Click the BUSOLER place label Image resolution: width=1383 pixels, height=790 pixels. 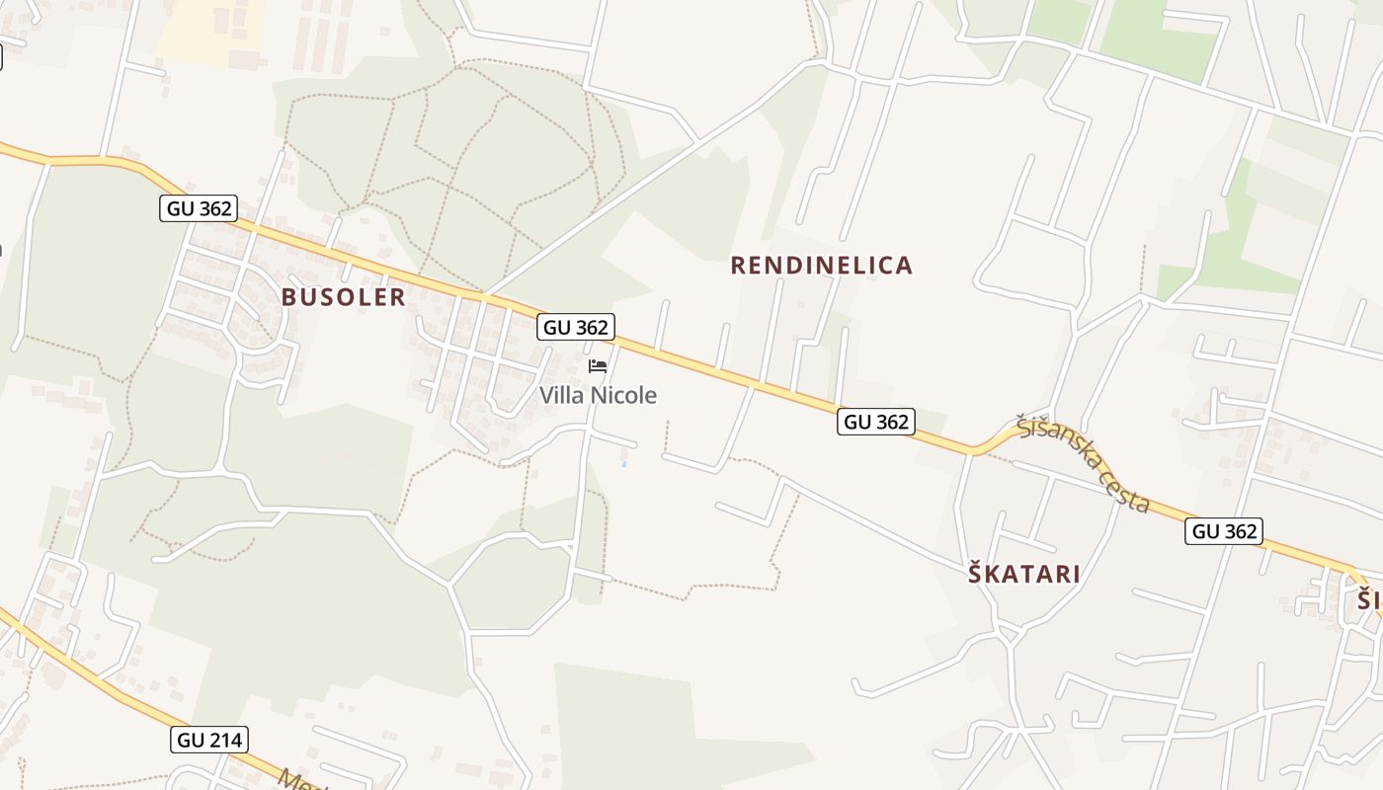(x=343, y=297)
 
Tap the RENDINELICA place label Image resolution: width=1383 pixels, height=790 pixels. (x=821, y=265)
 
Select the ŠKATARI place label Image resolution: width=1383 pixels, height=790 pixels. (x=1023, y=574)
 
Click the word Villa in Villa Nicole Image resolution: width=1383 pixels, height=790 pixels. (x=560, y=396)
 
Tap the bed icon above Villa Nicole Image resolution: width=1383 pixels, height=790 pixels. (x=597, y=366)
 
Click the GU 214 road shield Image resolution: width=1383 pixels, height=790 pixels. (x=209, y=740)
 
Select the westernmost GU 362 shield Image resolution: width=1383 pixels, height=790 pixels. (x=198, y=208)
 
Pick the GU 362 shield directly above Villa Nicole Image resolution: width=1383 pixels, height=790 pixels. (x=576, y=327)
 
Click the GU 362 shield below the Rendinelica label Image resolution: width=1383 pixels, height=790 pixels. (x=876, y=422)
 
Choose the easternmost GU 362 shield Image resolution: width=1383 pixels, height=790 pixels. (x=1225, y=531)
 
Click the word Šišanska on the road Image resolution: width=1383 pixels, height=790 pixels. (x=1056, y=445)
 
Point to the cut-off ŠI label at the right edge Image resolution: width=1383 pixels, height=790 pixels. (x=1369, y=599)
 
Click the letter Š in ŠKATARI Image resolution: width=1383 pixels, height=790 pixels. (x=976, y=573)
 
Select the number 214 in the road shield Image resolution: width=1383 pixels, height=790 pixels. (x=224, y=740)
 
